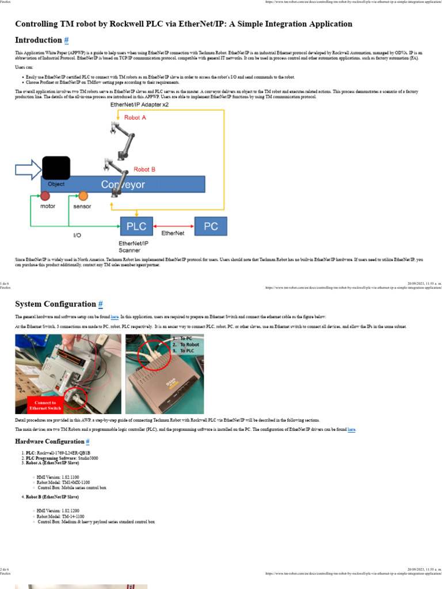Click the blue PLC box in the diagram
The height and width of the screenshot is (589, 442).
(136, 226)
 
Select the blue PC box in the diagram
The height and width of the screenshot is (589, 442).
(210, 226)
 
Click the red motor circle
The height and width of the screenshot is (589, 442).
(45, 196)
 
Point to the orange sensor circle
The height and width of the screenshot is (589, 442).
(83, 196)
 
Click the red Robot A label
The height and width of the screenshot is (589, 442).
(135, 117)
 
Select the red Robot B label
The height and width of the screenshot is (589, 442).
(144, 170)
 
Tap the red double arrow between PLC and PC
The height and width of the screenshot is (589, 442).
(173, 226)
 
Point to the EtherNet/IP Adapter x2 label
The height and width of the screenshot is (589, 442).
(139, 105)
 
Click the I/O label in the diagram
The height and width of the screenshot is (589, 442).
(77, 235)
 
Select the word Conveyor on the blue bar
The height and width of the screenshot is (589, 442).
(123, 185)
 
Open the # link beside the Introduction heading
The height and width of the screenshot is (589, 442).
(66, 40)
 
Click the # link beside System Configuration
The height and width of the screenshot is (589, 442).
(100, 304)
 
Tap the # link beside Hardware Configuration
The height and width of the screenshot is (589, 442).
(87, 442)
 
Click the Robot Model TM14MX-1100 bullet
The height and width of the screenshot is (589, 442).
(63, 482)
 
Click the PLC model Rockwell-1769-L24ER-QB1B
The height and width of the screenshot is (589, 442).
(58, 453)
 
